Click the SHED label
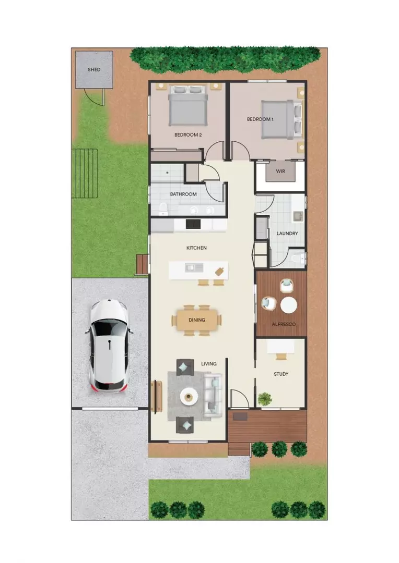point(94,69)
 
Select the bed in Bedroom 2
point(188,106)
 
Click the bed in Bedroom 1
point(280,119)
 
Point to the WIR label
point(280,172)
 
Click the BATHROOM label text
point(183,194)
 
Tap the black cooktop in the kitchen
point(193,224)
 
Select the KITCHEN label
point(196,248)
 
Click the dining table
point(196,320)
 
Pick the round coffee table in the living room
point(189,397)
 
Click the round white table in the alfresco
point(288,305)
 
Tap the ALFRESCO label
point(284,324)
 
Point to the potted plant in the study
point(265,399)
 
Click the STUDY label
point(281,374)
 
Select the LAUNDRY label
point(287,234)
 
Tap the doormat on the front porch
point(240,416)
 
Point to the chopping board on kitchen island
point(220,270)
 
